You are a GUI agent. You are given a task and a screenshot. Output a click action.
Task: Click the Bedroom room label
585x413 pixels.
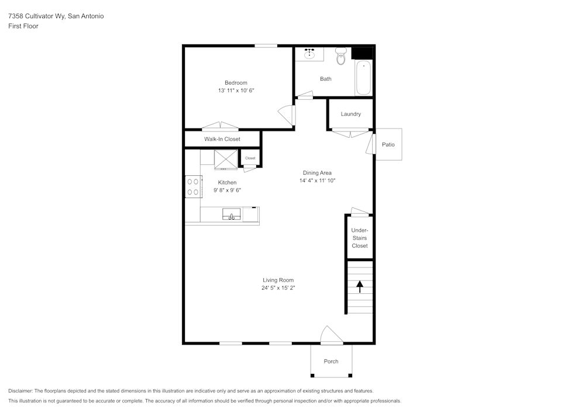pos(236,83)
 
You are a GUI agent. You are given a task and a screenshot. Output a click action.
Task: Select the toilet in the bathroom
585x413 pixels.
pos(341,57)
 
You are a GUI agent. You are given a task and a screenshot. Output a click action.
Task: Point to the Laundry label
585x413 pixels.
pos(350,114)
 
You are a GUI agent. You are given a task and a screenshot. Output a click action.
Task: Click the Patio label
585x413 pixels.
pos(388,144)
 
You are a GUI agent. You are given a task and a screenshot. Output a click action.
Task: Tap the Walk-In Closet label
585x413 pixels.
pos(222,139)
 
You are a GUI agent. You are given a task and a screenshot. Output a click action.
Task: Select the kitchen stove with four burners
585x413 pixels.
pos(193,187)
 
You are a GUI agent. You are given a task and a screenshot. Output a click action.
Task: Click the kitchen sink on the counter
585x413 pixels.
pos(232,215)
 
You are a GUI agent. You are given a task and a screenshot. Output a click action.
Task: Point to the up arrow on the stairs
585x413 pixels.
pos(360,286)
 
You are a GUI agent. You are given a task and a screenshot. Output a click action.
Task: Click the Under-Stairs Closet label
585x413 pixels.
pos(360,238)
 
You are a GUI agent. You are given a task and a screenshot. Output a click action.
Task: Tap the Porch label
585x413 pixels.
pos(331,361)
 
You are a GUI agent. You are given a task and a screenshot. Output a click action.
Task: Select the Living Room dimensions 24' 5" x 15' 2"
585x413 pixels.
pos(278,288)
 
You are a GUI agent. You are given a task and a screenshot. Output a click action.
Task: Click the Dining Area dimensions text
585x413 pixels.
pos(317,181)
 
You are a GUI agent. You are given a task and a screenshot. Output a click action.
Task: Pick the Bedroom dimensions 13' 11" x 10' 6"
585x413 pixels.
pos(236,91)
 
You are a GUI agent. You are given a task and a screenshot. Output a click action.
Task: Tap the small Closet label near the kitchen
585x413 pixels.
pos(250,158)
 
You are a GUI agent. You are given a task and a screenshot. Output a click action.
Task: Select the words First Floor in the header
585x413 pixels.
pos(23,26)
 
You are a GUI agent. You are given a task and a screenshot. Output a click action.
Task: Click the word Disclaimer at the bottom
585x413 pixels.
pos(20,391)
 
